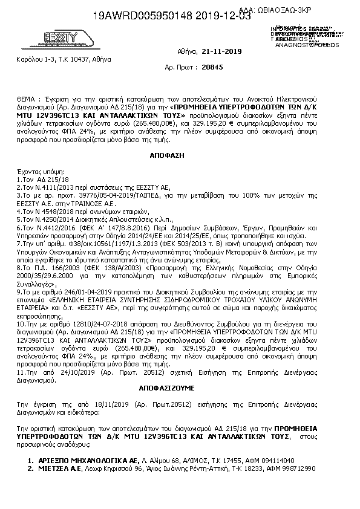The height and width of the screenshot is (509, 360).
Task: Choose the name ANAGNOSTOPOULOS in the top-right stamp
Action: click(299, 44)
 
